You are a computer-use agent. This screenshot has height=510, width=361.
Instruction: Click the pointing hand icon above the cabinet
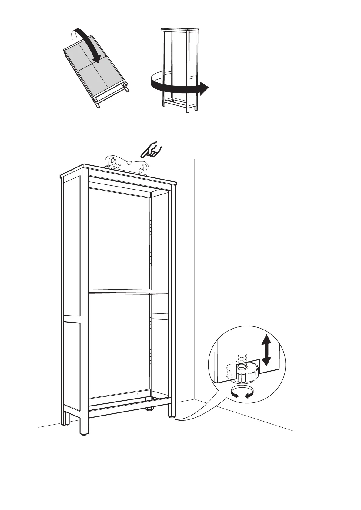click(152, 150)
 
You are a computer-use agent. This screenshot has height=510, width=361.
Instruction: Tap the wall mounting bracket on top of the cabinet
click(127, 165)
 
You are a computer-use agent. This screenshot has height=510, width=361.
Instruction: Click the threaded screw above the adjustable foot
click(242, 360)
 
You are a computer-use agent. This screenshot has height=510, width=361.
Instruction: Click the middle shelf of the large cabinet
click(128, 292)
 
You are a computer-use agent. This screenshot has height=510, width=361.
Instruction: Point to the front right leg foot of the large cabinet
click(172, 417)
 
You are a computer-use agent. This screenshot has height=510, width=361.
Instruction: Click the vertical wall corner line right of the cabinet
click(194, 273)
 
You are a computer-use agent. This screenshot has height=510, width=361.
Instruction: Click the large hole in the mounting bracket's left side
click(112, 160)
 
